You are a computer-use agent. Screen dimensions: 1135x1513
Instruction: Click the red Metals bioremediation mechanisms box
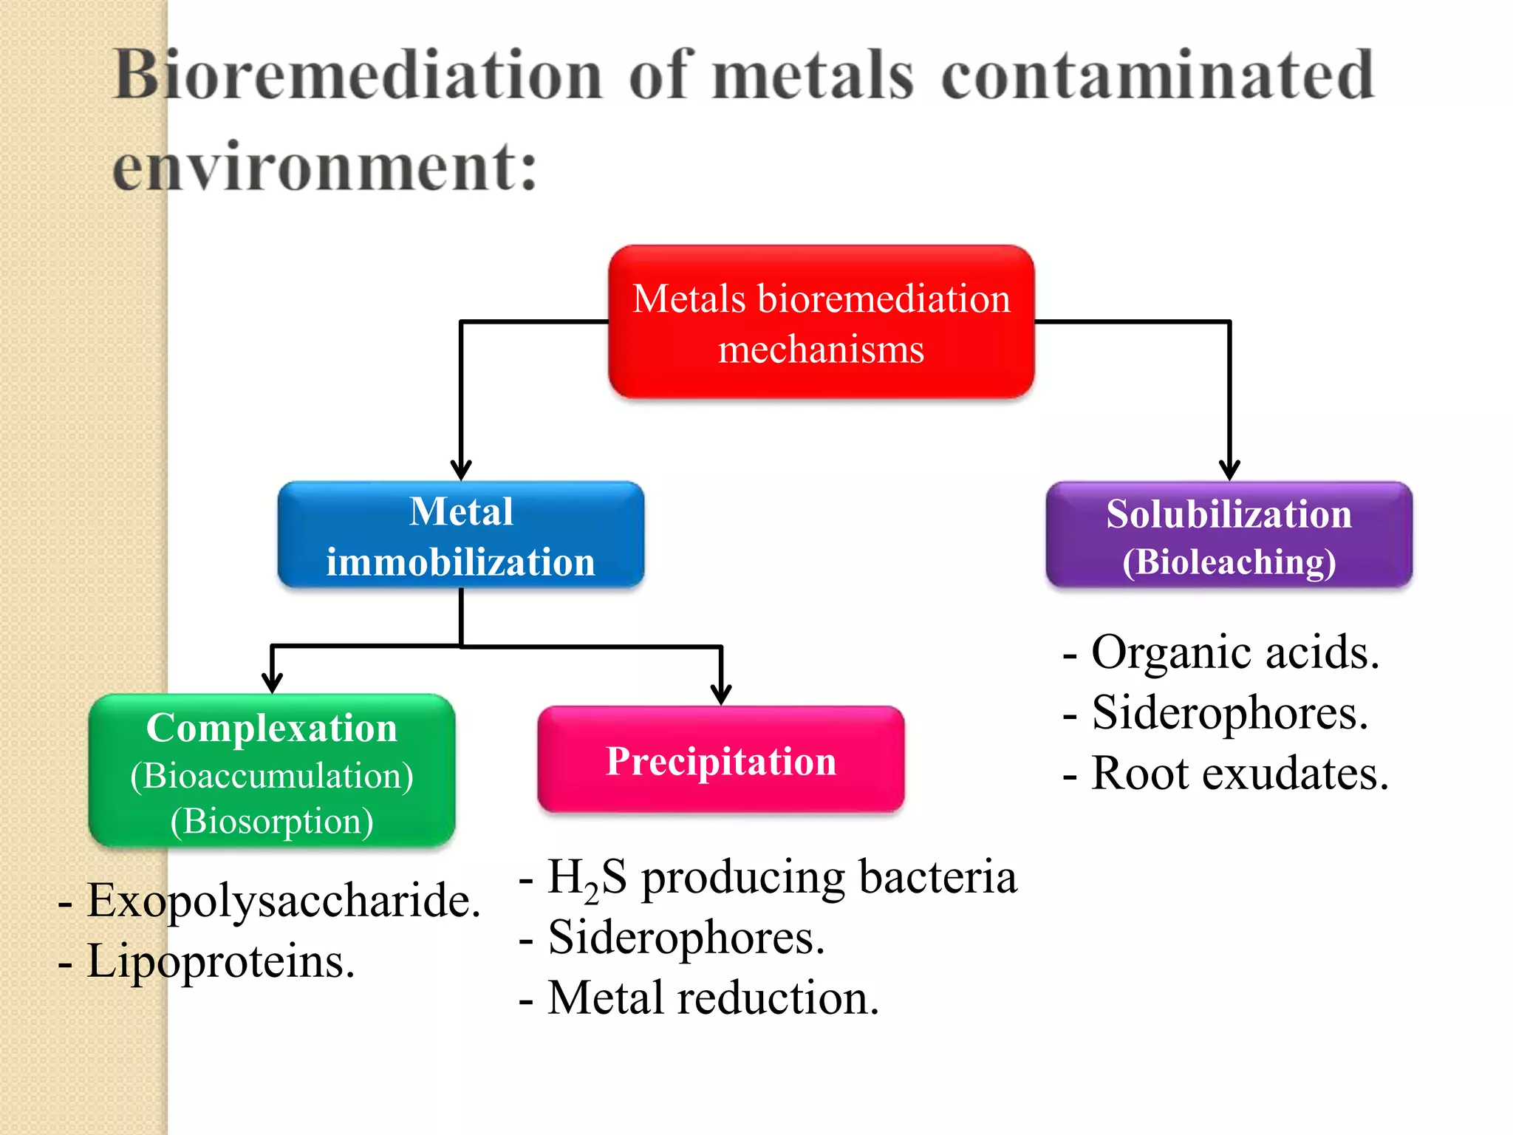click(x=821, y=322)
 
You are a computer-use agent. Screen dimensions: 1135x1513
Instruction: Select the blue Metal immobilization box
click(x=460, y=535)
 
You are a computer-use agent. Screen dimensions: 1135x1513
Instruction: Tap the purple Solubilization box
click(x=1229, y=535)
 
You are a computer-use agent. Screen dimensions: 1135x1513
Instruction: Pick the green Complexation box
click(x=272, y=770)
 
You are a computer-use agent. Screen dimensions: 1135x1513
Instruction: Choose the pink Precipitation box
click(x=720, y=760)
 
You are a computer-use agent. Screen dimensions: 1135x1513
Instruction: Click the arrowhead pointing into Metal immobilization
click(x=461, y=470)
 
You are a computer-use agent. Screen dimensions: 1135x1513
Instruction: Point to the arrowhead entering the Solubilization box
click(x=1229, y=470)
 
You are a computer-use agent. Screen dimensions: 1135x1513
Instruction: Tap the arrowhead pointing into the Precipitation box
click(x=721, y=695)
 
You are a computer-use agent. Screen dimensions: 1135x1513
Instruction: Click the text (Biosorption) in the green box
click(x=272, y=821)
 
